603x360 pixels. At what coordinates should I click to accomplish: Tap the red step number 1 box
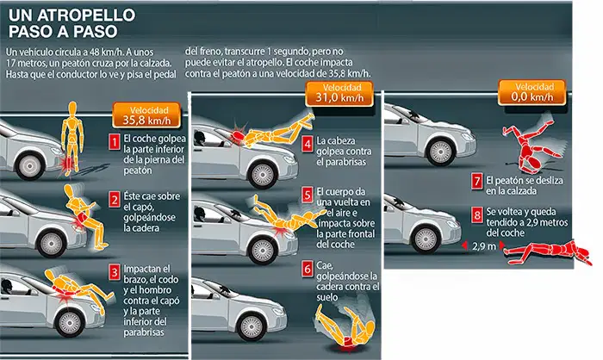115,142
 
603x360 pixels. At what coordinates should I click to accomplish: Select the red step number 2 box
115,201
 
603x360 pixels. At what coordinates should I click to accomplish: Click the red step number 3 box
115,272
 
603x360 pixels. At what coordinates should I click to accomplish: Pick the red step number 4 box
307,144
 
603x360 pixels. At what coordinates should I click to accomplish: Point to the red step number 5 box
307,195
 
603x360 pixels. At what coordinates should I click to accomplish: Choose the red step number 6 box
307,269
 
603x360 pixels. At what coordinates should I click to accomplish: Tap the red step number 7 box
477,181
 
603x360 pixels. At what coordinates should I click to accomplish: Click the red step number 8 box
477,215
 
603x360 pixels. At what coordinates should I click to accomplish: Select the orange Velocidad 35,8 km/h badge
146,115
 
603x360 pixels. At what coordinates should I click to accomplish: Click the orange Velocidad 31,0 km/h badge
339,94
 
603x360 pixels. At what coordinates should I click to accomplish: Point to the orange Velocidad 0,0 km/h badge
532,92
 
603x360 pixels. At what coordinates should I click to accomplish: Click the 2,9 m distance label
484,246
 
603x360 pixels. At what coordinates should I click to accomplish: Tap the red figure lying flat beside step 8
548,252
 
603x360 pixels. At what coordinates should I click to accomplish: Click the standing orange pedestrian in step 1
71,138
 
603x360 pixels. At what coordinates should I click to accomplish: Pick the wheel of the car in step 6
252,327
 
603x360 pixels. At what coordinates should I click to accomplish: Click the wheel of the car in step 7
440,152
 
